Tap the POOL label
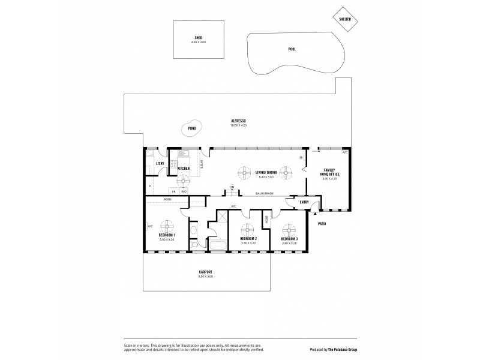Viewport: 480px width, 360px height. pyautogui.click(x=292, y=50)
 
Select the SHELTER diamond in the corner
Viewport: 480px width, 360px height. pyautogui.click(x=344, y=19)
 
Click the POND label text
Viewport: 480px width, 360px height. pyautogui.click(x=191, y=128)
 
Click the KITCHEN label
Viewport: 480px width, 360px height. pyautogui.click(x=184, y=169)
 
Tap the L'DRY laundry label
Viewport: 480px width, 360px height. pyautogui.click(x=160, y=164)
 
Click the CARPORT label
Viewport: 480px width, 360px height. pyautogui.click(x=206, y=272)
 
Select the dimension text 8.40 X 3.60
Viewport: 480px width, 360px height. pyautogui.click(x=266, y=178)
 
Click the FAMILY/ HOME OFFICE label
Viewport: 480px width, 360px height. pyautogui.click(x=331, y=172)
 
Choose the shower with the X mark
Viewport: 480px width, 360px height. pyautogui.click(x=222, y=217)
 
